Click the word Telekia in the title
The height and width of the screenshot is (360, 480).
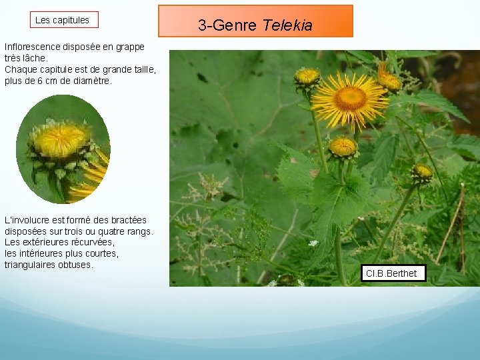tap(287, 25)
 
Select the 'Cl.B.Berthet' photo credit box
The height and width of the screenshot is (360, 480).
tap(392, 273)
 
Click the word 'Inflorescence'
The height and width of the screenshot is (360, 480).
tap(33, 47)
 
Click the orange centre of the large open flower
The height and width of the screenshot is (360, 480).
tap(350, 98)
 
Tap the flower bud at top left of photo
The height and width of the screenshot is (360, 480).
tap(307, 77)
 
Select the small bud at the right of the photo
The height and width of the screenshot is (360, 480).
tap(421, 173)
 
